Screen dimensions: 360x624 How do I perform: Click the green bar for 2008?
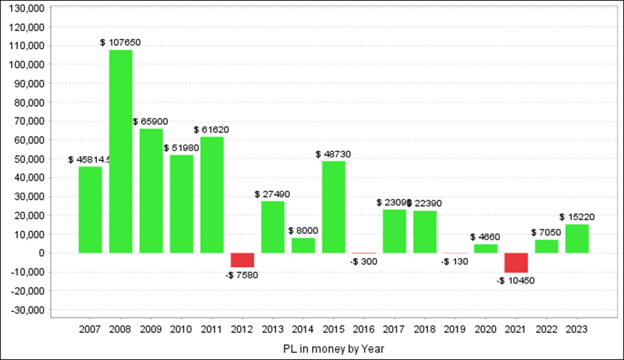coord(121,151)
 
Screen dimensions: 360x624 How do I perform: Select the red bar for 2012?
coord(243,260)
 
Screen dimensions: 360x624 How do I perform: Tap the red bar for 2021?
coord(517,263)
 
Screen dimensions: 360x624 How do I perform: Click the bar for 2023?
coord(577,239)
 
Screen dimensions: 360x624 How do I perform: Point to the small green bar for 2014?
coord(304,246)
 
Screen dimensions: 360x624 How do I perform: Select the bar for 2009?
coord(151,191)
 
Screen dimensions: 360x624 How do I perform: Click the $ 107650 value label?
coord(121,42)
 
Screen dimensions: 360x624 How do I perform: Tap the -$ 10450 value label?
coord(517,280)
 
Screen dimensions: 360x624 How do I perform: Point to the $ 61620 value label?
coord(211,130)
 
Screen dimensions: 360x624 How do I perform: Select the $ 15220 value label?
coord(577,217)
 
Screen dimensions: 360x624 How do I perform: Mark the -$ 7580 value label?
coord(243,275)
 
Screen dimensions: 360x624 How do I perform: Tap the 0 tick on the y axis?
coord(42,253)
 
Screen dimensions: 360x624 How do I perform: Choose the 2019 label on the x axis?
coord(456,328)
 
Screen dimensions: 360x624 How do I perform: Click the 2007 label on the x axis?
coord(90,328)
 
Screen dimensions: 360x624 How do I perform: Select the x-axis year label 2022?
coord(546,328)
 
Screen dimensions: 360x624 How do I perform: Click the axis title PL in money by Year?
coord(333,348)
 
